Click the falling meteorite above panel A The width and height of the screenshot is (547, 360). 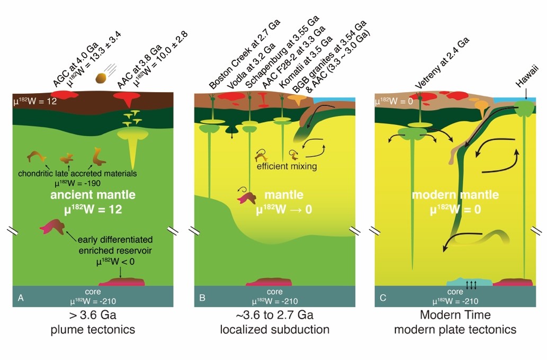tap(102, 78)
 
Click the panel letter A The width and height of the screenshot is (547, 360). tap(21, 299)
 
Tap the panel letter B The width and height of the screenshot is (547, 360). tap(202, 299)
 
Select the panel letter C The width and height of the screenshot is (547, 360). tap(383, 299)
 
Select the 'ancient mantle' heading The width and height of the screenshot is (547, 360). tap(93, 195)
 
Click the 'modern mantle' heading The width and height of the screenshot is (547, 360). tap(455, 195)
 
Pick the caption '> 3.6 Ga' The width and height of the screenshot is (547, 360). tap(93, 316)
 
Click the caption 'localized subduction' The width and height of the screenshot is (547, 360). tap(274, 329)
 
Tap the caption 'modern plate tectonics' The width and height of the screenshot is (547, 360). tap(455, 329)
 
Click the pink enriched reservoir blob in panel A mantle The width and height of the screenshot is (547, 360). tap(54, 228)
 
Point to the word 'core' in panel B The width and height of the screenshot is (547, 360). tap(274, 292)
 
